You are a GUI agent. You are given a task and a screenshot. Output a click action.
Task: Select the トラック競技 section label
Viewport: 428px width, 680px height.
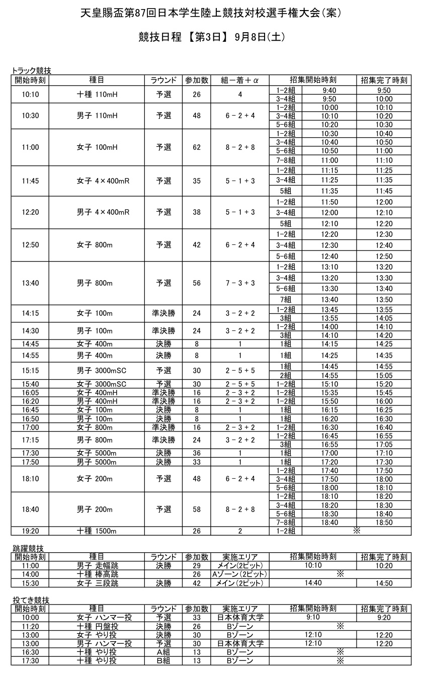point(31,71)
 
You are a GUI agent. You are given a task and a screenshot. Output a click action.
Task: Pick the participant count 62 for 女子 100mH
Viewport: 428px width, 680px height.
point(197,147)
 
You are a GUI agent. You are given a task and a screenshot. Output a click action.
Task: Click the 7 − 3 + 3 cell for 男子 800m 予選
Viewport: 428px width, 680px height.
point(240,283)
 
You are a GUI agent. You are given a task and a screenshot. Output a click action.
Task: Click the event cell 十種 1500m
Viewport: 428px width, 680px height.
point(97,531)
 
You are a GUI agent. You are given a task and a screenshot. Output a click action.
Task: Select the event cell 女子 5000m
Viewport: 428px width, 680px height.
point(97,453)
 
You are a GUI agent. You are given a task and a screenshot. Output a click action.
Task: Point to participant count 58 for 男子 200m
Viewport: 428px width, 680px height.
point(197,509)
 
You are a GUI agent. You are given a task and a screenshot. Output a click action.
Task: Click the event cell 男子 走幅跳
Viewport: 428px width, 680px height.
point(97,566)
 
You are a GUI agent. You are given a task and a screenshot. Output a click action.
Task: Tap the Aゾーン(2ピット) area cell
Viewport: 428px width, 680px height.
point(240,574)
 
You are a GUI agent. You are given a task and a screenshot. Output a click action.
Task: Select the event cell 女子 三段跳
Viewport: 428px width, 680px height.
point(97,583)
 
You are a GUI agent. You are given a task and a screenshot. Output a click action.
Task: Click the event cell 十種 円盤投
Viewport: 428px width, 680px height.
point(97,626)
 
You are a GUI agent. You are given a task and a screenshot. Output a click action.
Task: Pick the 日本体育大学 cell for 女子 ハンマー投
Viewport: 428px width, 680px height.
point(240,618)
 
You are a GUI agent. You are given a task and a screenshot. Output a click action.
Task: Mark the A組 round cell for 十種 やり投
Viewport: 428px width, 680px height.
point(163,652)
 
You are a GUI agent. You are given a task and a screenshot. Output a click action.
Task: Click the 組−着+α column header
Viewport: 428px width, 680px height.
point(240,80)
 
